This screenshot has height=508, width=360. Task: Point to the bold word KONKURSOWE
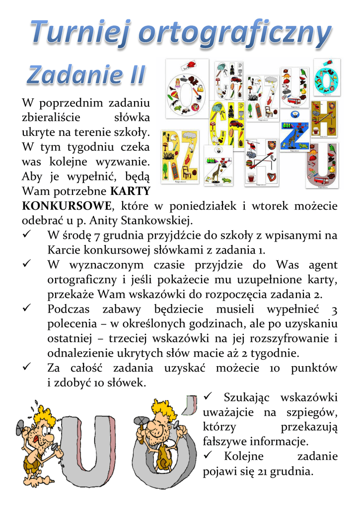pyautogui.click(x=66, y=206)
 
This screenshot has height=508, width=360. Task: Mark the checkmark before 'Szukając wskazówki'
pyautogui.click(x=209, y=397)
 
